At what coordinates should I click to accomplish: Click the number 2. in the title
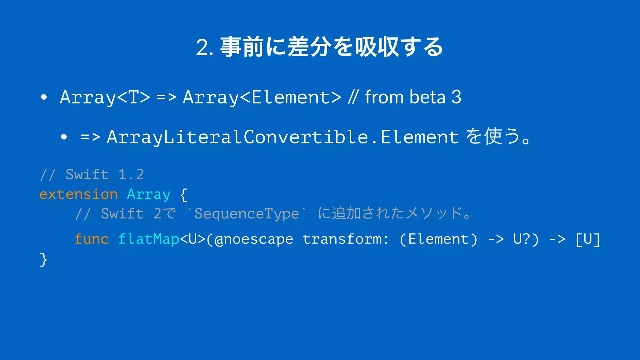click(205, 47)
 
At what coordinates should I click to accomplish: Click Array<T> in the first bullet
click(105, 97)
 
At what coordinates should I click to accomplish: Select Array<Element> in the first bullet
click(262, 97)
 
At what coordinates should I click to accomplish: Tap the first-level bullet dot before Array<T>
click(44, 97)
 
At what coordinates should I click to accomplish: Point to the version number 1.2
click(131, 174)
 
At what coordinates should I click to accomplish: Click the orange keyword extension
click(78, 194)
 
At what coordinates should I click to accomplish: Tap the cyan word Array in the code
click(148, 194)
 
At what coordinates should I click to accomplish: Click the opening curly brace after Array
click(184, 195)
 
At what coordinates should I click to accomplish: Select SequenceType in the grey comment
click(247, 214)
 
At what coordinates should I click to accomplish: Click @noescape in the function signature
click(254, 239)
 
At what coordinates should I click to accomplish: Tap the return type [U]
click(587, 239)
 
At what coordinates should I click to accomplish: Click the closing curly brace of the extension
click(43, 259)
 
